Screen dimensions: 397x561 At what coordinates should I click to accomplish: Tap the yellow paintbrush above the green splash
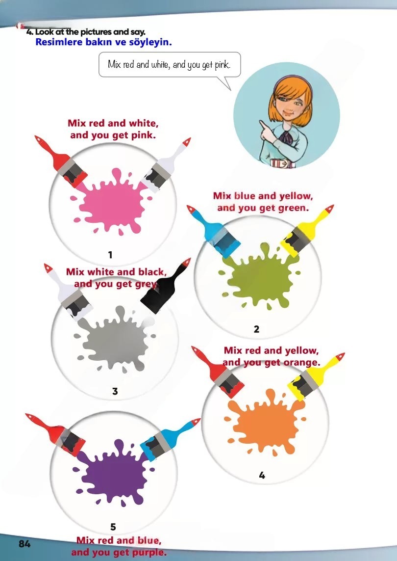[x=307, y=231]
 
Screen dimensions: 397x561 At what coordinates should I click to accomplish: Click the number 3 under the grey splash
[x=115, y=391]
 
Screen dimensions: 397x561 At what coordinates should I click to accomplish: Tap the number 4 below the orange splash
[x=262, y=475]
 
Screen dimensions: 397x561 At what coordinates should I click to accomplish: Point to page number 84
[x=25, y=544]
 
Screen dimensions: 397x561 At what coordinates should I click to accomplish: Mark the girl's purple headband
[x=294, y=81]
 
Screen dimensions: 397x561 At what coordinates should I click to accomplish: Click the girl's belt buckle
[x=282, y=164]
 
